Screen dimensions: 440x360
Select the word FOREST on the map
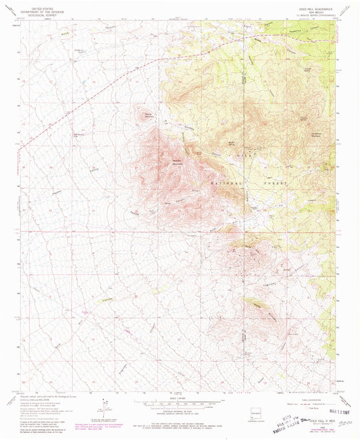pos(278,183)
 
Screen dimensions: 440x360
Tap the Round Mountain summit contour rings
pos(144,109)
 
